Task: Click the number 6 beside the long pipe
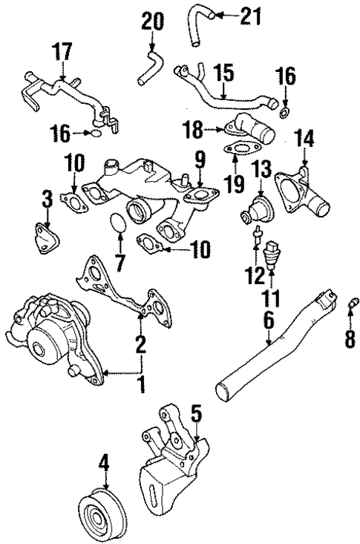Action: [x=268, y=319]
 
